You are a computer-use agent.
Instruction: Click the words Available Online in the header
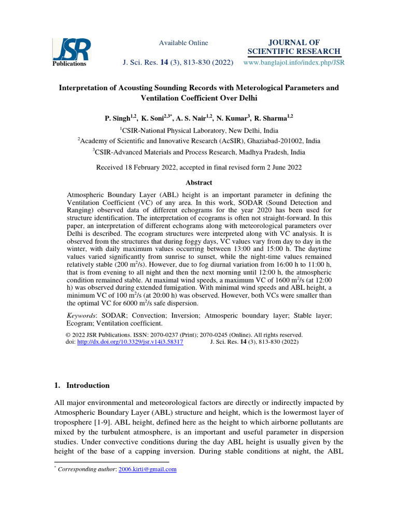[183, 43]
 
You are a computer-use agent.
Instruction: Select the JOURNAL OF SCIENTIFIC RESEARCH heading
[293, 47]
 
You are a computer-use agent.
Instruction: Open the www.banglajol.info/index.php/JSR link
[293, 62]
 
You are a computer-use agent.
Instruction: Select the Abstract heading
[199, 183]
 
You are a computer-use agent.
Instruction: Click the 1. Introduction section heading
[82, 385]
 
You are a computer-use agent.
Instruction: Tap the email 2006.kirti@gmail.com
[148, 469]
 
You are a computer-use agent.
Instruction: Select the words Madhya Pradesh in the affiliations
[257, 152]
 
